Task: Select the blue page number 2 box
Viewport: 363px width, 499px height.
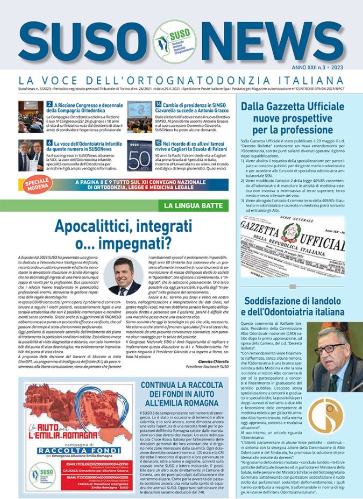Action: tap(49, 104)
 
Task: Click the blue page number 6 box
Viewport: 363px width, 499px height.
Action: tap(49, 143)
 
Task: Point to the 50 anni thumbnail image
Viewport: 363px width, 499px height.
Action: tap(139, 155)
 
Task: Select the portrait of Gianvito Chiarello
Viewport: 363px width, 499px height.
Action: tap(121, 276)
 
